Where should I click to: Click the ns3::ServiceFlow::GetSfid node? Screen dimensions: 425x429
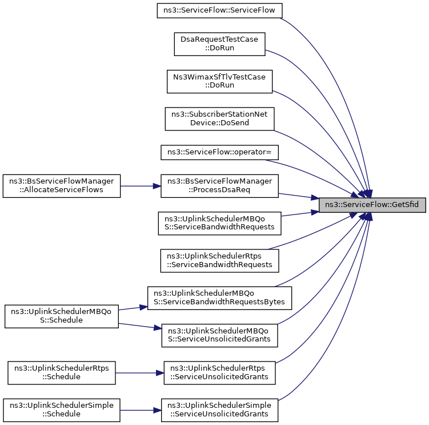[x=372, y=204]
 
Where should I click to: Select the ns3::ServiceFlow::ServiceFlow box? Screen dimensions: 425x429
[x=220, y=11]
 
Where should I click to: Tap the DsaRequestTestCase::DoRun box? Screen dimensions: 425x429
[x=220, y=45]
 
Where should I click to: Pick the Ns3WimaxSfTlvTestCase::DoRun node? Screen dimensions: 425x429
[x=220, y=82]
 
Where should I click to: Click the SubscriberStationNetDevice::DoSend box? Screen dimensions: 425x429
[x=220, y=119]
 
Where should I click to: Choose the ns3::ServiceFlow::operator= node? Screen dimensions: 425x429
[x=220, y=153]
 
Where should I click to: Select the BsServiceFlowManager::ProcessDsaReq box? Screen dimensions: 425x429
[x=220, y=186]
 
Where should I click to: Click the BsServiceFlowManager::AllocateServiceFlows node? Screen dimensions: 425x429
[x=62, y=186]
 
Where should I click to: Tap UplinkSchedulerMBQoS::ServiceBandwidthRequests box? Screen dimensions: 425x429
[x=220, y=223]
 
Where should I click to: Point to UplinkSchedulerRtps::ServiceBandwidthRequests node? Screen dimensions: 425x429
[x=220, y=260]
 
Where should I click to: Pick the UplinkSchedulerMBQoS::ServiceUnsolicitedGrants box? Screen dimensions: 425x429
[x=220, y=335]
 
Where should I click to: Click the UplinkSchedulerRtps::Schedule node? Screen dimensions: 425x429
[x=62, y=372]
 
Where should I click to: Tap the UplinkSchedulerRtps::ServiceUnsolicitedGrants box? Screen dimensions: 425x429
[x=220, y=372]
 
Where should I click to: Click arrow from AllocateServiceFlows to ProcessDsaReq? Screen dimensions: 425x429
[x=141, y=186]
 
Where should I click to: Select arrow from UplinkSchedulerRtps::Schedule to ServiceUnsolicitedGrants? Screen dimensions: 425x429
[x=140, y=372]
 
